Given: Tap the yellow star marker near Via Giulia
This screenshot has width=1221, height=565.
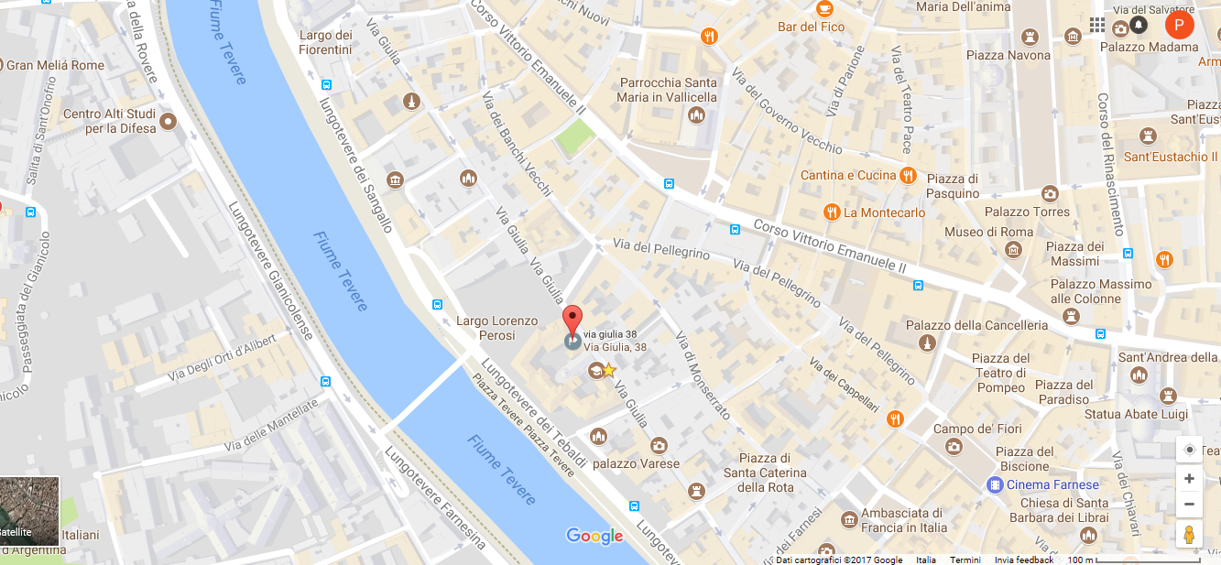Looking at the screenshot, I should click(x=607, y=370).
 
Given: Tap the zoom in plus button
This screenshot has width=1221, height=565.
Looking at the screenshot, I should click(x=1189, y=478).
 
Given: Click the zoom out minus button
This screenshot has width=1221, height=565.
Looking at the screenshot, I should click(x=1189, y=504).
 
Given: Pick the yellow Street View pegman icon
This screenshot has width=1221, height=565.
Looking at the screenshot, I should click(x=1189, y=534).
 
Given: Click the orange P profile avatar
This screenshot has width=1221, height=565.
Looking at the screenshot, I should click(x=1179, y=25).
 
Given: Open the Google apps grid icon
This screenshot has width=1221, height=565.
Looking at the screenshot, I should click(x=1097, y=25).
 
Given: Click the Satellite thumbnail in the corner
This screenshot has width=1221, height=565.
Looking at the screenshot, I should click(x=29, y=511).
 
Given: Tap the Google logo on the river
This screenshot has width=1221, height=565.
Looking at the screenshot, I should click(x=594, y=536).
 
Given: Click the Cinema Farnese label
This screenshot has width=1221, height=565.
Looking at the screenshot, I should click(x=1052, y=484).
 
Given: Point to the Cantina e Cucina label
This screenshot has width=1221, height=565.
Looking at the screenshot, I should click(x=848, y=175).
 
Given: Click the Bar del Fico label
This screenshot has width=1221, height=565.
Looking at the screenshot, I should click(x=811, y=27).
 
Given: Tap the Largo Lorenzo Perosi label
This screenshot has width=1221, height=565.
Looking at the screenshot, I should click(x=496, y=328).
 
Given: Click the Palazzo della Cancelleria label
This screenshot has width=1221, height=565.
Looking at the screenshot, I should click(x=976, y=325).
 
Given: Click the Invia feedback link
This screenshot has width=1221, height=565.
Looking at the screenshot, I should click(x=1023, y=560).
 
